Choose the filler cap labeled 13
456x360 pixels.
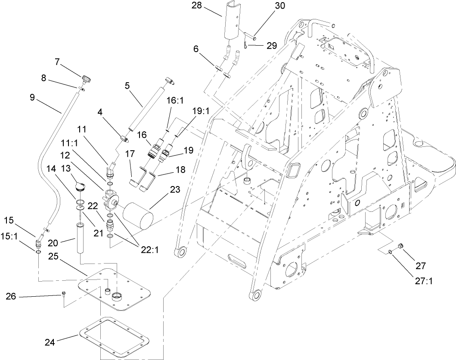click(80, 186)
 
